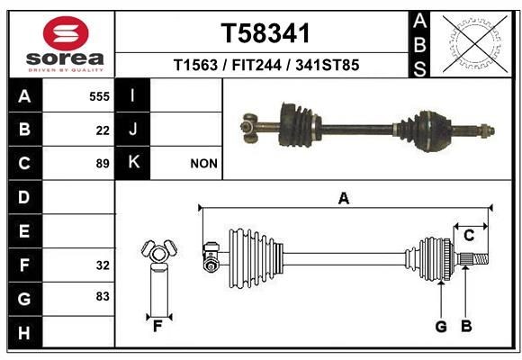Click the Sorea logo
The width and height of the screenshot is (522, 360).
pyautogui.click(x=65, y=45)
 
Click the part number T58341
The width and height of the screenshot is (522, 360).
pyautogui.click(x=265, y=34)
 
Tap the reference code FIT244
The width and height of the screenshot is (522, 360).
pyautogui.click(x=254, y=66)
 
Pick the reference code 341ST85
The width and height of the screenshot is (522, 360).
pyautogui.click(x=322, y=66)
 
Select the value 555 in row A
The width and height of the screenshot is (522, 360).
pyautogui.click(x=99, y=95)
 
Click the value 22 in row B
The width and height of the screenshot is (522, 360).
pyautogui.click(x=103, y=130)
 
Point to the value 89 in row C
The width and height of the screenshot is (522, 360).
pyautogui.click(x=103, y=164)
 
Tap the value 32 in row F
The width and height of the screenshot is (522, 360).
pyautogui.click(x=103, y=265)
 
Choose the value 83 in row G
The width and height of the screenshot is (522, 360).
pyautogui.click(x=103, y=296)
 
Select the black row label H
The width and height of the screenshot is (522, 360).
pyautogui.click(x=24, y=334)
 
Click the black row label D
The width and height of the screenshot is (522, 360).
pyautogui.click(x=24, y=197)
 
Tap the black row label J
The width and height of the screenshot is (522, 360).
pyautogui.click(x=133, y=130)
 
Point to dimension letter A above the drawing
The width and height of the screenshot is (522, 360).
pyautogui.click(x=343, y=199)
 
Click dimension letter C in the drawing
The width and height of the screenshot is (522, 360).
pyautogui.click(x=469, y=236)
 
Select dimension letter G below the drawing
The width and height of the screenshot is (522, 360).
pyautogui.click(x=441, y=327)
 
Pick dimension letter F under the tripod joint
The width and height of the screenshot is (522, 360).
pyautogui.click(x=157, y=326)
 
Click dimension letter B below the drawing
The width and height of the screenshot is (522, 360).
pyautogui.click(x=466, y=327)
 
